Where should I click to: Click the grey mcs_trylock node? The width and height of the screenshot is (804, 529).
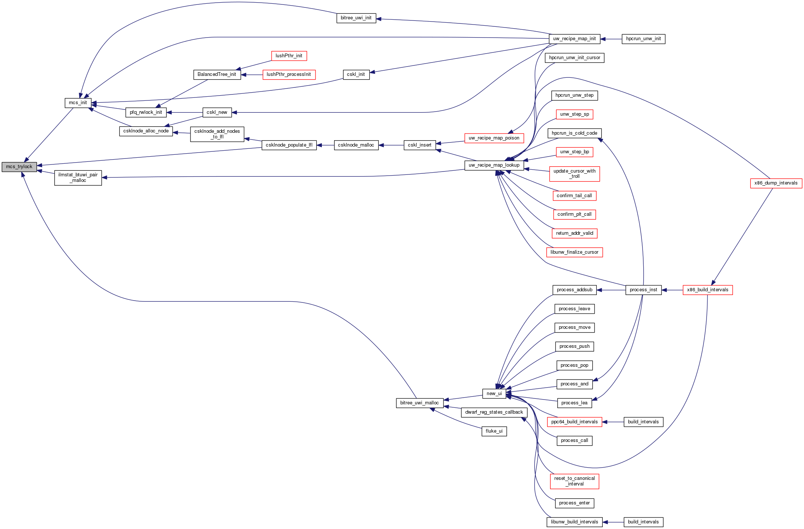pyautogui.click(x=19, y=167)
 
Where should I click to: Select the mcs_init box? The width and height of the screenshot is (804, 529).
pyautogui.click(x=78, y=103)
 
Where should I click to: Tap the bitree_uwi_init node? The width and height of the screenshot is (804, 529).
pyautogui.click(x=356, y=18)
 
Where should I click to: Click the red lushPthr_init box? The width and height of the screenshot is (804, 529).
pyautogui.click(x=289, y=56)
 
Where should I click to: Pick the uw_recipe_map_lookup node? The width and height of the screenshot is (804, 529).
pyautogui.click(x=494, y=166)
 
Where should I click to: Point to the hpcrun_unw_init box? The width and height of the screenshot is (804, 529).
pyautogui.click(x=643, y=39)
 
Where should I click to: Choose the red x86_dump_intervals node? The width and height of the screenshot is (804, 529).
pyautogui.click(x=776, y=183)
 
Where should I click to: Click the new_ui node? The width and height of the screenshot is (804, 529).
pyautogui.click(x=494, y=394)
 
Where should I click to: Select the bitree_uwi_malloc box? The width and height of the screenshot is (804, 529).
pyautogui.click(x=419, y=403)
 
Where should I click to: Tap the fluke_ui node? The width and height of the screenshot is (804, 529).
pyautogui.click(x=494, y=431)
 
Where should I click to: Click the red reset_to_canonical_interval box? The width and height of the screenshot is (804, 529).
pyautogui.click(x=574, y=481)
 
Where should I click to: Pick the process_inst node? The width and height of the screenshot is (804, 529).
pyautogui.click(x=643, y=290)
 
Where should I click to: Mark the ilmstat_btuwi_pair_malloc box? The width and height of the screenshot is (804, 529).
pyautogui.click(x=78, y=178)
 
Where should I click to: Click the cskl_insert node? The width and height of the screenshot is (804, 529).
pyautogui.click(x=419, y=145)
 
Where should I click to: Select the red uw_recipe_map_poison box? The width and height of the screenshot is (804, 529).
pyautogui.click(x=494, y=138)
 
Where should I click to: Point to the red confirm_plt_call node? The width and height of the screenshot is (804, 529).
pyautogui.click(x=574, y=215)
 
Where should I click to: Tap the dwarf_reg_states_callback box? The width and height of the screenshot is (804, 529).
pyautogui.click(x=494, y=412)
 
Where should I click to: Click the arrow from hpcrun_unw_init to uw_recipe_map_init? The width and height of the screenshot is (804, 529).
pyautogui.click(x=611, y=39)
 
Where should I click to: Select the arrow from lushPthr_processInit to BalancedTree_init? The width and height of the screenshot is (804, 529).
pyautogui.click(x=252, y=75)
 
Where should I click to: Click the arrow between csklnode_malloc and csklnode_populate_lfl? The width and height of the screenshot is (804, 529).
pyautogui.click(x=326, y=145)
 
